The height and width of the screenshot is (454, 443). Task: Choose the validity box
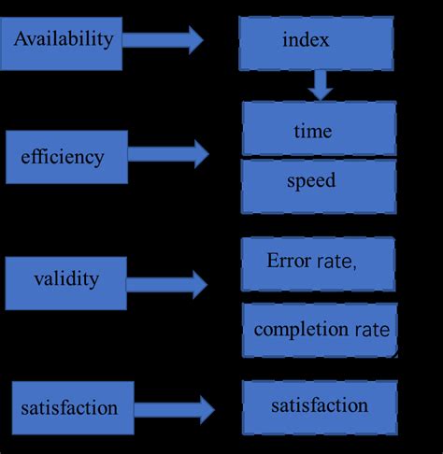(x=66, y=278)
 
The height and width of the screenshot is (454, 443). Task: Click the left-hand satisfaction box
(x=70, y=407)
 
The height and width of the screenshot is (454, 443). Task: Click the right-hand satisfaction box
(x=319, y=406)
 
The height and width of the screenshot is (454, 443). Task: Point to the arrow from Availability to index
(x=163, y=40)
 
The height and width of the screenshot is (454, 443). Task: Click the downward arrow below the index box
(x=321, y=85)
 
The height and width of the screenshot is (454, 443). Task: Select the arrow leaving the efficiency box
(x=169, y=153)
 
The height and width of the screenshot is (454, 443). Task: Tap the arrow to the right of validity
(x=167, y=284)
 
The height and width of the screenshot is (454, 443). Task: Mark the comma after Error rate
(x=354, y=267)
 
